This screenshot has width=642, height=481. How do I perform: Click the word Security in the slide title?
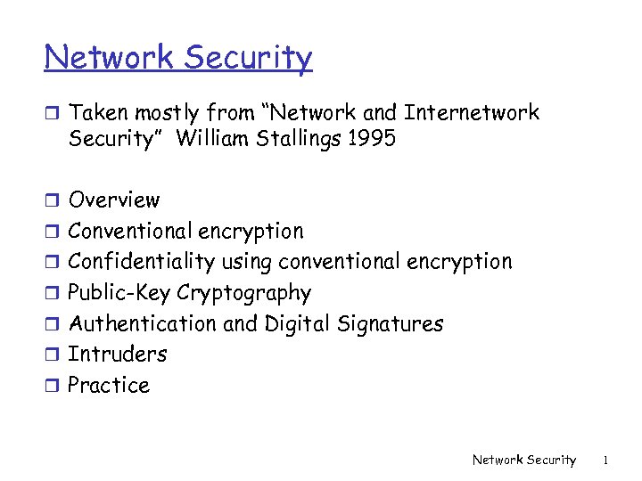point(249,59)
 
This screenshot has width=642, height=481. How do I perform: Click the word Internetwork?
point(472,113)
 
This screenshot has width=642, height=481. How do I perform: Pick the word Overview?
point(114,200)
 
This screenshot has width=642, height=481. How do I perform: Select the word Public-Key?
point(119,293)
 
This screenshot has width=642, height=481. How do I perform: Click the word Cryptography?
point(244,293)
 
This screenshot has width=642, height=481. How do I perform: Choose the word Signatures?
point(391,324)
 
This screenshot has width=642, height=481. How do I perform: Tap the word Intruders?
point(118,355)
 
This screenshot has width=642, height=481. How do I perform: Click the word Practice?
point(109,386)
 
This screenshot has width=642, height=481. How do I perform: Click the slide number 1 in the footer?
point(605,461)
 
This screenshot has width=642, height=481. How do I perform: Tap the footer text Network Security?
point(524,461)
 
